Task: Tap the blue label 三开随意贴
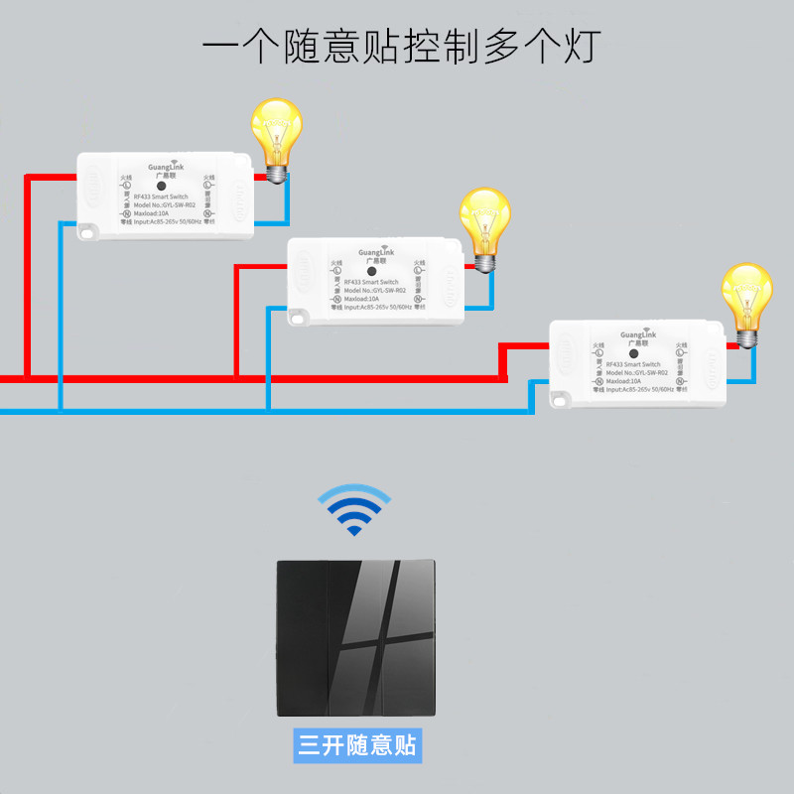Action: click(x=358, y=744)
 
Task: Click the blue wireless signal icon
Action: click(x=354, y=508)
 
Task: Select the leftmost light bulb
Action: click(x=275, y=137)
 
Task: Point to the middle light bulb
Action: click(x=485, y=226)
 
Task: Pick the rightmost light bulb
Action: click(x=746, y=302)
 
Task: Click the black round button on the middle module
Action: click(x=370, y=270)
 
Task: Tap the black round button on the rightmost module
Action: click(x=632, y=353)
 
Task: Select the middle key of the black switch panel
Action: click(x=354, y=638)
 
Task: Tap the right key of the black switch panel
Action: click(x=408, y=638)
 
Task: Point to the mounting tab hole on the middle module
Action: click(x=297, y=317)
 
